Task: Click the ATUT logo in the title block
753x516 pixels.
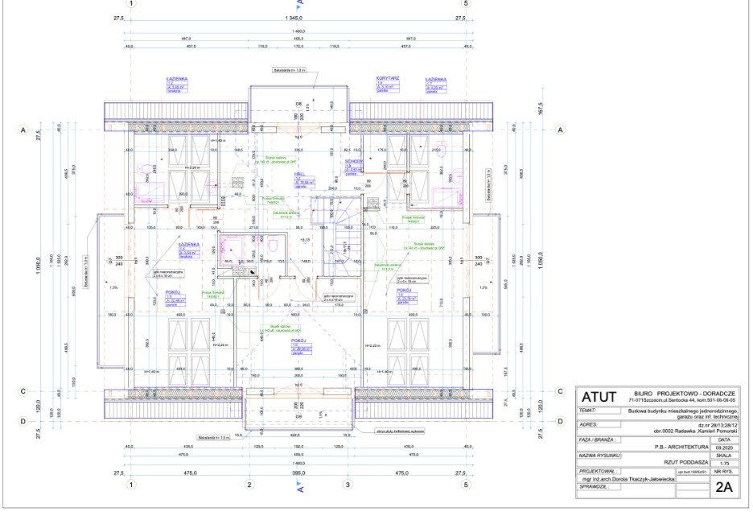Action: click(x=600, y=398)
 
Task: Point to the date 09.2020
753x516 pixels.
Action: click(x=724, y=446)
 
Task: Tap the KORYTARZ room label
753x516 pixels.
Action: click(x=389, y=80)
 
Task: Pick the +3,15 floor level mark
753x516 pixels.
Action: click(x=305, y=240)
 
